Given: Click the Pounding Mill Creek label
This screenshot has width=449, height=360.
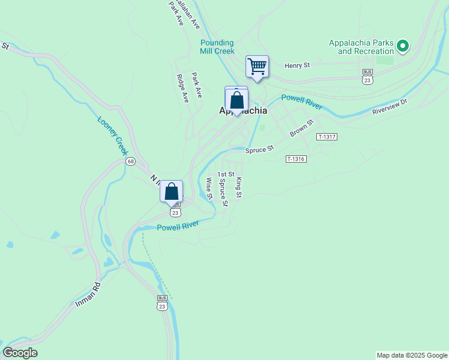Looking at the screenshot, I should tap(217, 47).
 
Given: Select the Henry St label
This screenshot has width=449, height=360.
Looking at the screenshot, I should tap(297, 65).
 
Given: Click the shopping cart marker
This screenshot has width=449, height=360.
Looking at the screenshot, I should tap(257, 66).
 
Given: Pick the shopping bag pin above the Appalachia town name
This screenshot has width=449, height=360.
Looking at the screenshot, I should tap(237, 100).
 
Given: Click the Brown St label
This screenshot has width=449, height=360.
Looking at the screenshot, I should tap(301, 130).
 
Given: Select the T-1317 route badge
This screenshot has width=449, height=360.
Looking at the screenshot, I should tap(327, 137).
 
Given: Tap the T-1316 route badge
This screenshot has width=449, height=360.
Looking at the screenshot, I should tap(297, 159).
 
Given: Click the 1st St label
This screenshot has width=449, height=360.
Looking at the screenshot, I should tap(226, 174).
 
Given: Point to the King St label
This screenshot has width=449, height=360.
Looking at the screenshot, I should tap(239, 187).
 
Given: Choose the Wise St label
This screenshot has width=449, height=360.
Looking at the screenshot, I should tap(209, 188).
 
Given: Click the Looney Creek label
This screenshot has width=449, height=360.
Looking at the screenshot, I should tap(113, 136).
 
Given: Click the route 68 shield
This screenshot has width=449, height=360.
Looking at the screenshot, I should tap(130, 161).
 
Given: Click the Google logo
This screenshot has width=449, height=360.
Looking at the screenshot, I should tap(20, 353).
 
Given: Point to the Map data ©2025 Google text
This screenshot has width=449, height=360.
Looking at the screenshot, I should tap(411, 355).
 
